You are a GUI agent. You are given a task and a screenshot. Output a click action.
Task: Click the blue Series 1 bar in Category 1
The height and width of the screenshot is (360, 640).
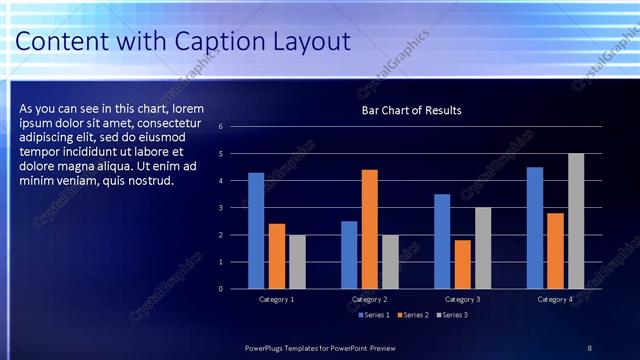pyautogui.click(x=256, y=231)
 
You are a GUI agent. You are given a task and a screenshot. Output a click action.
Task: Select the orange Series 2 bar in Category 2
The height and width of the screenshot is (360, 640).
pyautogui.click(x=370, y=229)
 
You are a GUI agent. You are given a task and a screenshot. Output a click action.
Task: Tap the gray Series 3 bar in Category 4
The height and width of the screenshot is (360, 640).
pyautogui.click(x=576, y=221)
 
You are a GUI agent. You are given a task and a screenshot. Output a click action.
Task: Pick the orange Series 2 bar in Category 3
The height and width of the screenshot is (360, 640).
pyautogui.click(x=463, y=264)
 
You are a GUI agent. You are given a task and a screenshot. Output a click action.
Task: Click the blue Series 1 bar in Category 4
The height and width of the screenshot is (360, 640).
pyautogui.click(x=535, y=228)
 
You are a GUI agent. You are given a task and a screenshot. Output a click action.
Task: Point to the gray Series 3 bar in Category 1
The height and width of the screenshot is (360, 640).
pyautogui.click(x=298, y=262)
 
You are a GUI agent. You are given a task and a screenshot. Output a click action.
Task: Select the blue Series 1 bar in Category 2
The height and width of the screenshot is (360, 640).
pyautogui.click(x=349, y=255)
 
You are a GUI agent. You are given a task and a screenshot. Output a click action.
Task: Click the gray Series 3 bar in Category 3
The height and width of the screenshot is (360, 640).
pyautogui.click(x=483, y=248)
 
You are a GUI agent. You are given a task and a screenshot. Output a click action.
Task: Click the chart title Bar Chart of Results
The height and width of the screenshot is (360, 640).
pyautogui.click(x=411, y=110)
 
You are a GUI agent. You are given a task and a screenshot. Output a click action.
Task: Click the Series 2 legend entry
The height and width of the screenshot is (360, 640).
pyautogui.click(x=411, y=315)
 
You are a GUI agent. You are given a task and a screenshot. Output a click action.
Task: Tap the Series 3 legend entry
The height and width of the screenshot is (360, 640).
pyautogui.click(x=452, y=315)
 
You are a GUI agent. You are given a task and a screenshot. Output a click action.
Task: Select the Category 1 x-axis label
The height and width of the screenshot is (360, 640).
pyautogui.click(x=277, y=299)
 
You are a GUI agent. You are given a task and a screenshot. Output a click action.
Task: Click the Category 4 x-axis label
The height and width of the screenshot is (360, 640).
pyautogui.click(x=555, y=299)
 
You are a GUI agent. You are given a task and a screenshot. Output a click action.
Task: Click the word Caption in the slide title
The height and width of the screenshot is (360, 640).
pyautogui.click(x=215, y=42)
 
